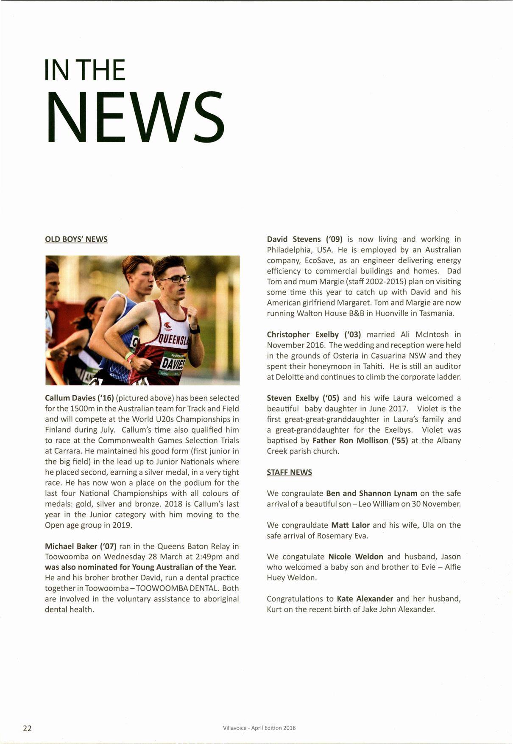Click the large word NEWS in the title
[135, 118]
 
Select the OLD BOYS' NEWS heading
[76, 239]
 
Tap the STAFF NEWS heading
[289, 473]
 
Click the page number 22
[27, 728]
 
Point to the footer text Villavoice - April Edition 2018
[259, 728]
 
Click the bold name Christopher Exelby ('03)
[314, 335]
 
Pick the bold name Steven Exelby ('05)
[303, 398]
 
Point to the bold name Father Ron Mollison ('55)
[360, 441]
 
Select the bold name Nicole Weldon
[356, 557]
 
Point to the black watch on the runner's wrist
[195, 329]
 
